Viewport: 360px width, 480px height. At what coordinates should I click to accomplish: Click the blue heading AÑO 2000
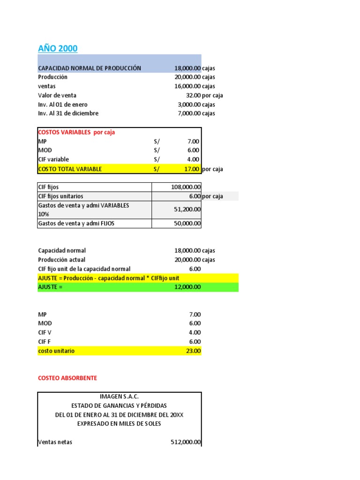coord(58,48)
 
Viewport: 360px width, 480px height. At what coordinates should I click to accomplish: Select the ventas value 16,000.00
coord(187,86)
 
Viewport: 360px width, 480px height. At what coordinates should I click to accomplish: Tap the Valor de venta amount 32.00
coord(193,95)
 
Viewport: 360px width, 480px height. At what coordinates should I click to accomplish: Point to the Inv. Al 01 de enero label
coord(63,105)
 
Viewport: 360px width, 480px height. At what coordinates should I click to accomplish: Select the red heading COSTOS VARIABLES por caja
coord(76,132)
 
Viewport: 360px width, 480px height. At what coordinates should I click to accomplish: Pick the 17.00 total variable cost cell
coord(192,169)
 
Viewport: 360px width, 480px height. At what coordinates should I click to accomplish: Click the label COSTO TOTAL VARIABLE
coord(70,169)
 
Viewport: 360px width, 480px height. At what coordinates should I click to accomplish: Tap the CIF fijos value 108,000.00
coord(186,187)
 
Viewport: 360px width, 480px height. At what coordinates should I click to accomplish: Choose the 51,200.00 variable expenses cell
coord(187,210)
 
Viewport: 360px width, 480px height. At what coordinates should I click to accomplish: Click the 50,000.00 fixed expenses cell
coord(187,224)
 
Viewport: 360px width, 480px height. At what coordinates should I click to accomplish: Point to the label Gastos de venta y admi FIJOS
coord(76,224)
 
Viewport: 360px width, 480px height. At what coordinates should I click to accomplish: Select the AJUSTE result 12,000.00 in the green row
coord(187,287)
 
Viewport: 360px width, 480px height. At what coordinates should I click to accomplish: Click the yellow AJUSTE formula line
coord(109,278)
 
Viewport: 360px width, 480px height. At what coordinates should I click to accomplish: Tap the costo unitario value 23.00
coord(193,351)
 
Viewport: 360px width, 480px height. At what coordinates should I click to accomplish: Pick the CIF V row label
coord(45,332)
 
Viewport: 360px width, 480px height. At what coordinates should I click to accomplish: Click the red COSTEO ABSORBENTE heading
coord(67,378)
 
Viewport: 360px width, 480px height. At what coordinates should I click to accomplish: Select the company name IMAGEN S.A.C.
coord(120,397)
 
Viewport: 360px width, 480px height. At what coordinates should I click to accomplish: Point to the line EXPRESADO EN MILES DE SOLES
coord(120,423)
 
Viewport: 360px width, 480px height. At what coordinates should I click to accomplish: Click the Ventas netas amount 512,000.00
coord(186,442)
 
